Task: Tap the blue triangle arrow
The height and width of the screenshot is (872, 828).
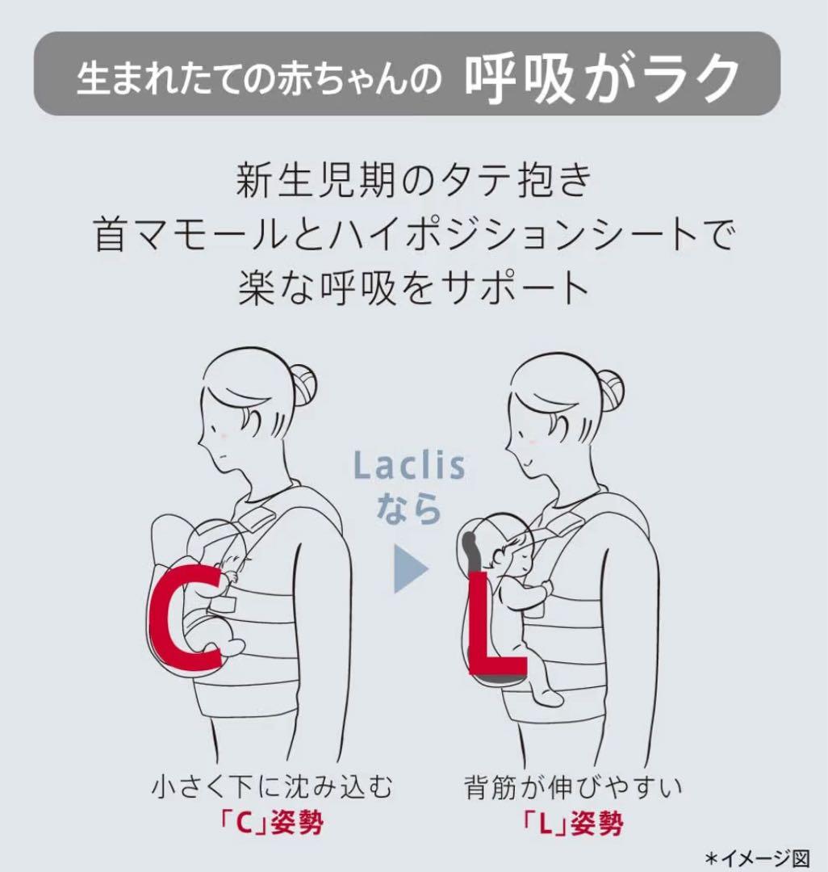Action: click(411, 570)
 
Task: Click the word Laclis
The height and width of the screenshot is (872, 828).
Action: click(409, 466)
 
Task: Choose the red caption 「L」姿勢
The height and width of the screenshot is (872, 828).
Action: click(572, 824)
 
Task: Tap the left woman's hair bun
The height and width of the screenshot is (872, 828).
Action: click(304, 385)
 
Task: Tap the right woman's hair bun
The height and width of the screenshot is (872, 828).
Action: click(609, 389)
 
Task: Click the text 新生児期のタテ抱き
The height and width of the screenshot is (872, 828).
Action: click(413, 182)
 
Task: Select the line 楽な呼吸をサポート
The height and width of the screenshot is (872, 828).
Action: click(413, 287)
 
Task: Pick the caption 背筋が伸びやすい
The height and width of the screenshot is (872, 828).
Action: click(572, 788)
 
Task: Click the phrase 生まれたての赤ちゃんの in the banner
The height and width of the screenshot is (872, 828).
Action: click(260, 79)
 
